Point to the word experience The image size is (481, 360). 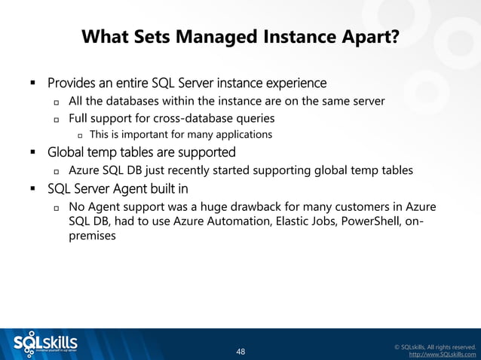293,81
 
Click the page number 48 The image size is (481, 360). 240,352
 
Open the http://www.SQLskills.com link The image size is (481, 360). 442,353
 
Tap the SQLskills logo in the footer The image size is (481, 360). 46,343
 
